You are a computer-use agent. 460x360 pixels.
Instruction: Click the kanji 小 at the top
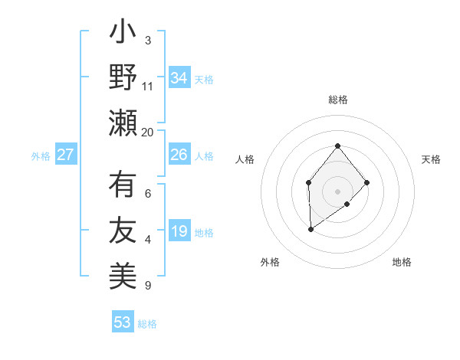pyautogui.click(x=123, y=34)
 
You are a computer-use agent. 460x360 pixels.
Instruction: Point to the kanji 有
pyautogui.click(x=123, y=186)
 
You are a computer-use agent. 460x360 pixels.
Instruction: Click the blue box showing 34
pyautogui.click(x=179, y=77)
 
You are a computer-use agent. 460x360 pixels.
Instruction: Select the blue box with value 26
pyautogui.click(x=179, y=155)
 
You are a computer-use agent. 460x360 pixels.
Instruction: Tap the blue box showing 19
pyautogui.click(x=179, y=231)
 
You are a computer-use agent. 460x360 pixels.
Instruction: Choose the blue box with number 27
pyautogui.click(x=65, y=155)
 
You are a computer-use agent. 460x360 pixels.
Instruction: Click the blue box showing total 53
pyautogui.click(x=122, y=322)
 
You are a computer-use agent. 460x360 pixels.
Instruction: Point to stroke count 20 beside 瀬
pyautogui.click(x=148, y=132)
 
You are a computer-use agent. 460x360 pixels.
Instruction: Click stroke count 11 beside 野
pyautogui.click(x=148, y=86)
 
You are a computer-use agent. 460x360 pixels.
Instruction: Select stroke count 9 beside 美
pyautogui.click(x=148, y=286)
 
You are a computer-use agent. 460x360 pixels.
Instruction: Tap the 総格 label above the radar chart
pyautogui.click(x=337, y=100)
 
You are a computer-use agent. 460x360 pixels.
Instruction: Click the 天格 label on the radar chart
pyautogui.click(x=431, y=159)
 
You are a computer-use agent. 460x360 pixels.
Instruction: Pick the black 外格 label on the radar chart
pyautogui.click(x=270, y=262)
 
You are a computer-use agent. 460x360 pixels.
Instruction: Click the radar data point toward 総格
pyautogui.click(x=337, y=146)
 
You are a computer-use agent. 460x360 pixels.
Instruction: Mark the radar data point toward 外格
pyautogui.click(x=310, y=229)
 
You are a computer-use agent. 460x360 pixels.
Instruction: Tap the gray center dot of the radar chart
pyautogui.click(x=337, y=190)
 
